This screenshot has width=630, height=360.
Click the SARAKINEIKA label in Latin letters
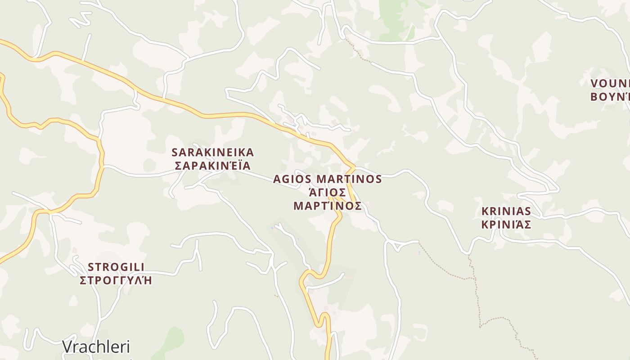coord(213,152)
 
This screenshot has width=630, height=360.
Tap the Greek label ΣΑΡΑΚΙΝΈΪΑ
coord(213,166)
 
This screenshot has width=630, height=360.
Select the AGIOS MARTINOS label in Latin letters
coord(328,179)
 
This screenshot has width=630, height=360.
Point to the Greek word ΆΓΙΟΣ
coord(328,193)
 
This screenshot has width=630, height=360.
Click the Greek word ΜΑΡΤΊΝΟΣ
coord(328,206)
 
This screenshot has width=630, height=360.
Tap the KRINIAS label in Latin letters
coord(506,211)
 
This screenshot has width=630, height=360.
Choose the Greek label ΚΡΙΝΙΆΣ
coord(506,225)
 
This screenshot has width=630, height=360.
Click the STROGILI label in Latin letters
coord(116,266)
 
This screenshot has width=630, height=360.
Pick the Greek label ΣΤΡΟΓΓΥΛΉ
coord(116,280)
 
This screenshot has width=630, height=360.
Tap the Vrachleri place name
coord(96,346)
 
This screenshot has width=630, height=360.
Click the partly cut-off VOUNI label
coord(610,83)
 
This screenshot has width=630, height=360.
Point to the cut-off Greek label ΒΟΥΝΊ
coord(610,97)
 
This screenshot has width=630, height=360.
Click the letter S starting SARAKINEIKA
coord(175,152)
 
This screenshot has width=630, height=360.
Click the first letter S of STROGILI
coord(90,266)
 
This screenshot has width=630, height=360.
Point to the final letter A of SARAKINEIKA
coord(250,152)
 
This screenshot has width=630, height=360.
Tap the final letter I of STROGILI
coord(143,266)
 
